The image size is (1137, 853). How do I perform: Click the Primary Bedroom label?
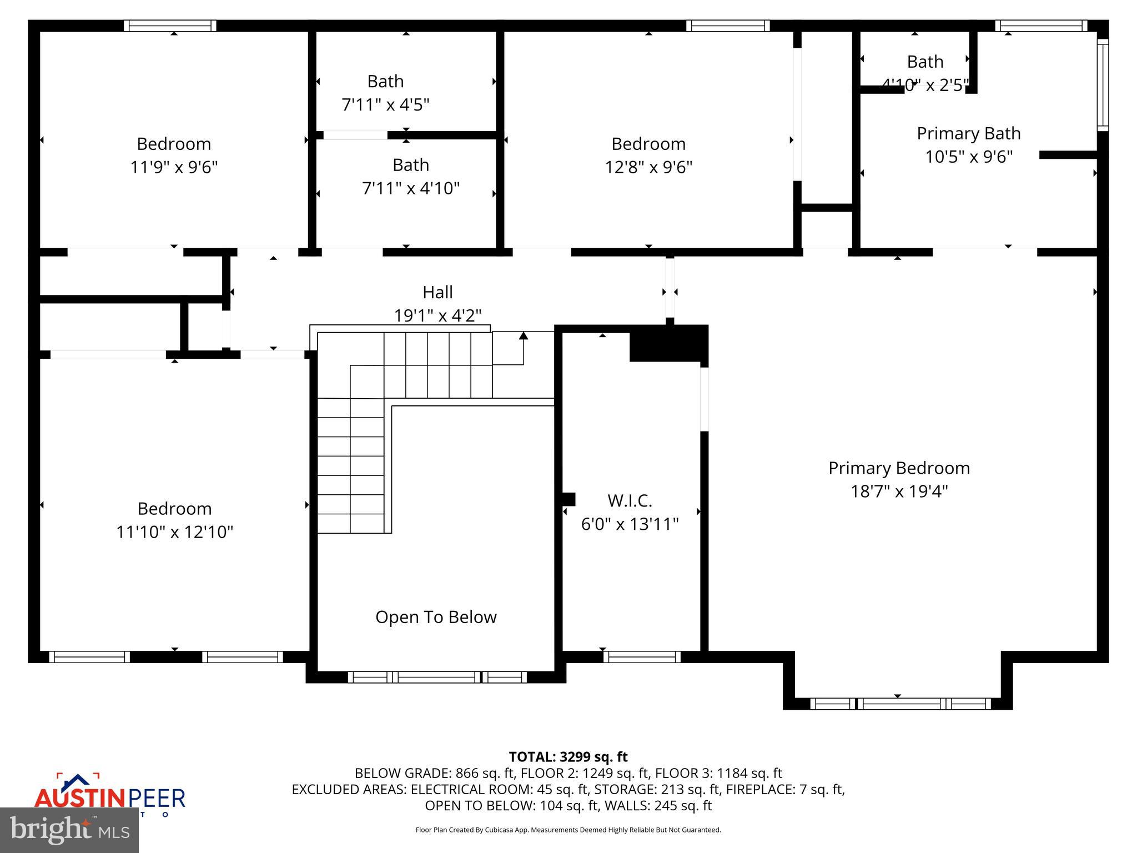click(899, 468)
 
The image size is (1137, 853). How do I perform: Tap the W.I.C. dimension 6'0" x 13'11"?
click(630, 524)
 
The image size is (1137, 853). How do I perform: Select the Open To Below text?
click(436, 617)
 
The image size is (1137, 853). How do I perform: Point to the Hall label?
click(437, 292)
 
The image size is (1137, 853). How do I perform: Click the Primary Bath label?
click(968, 133)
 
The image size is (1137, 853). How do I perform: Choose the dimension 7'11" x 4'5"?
click(385, 104)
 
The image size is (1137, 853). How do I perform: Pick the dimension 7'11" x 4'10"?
click(411, 188)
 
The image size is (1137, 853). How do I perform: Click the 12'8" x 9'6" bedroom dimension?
click(648, 167)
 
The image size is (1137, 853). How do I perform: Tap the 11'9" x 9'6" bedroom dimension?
click(174, 167)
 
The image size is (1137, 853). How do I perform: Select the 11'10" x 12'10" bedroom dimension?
click(174, 532)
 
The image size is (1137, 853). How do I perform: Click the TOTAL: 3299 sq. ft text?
click(568, 757)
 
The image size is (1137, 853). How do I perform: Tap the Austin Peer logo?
click(109, 795)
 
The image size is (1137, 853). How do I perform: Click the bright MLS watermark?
click(69, 830)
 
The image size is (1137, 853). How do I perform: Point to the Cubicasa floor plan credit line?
click(568, 830)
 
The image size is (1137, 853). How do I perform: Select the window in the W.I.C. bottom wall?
click(642, 657)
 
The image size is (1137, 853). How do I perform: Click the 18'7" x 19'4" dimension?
click(899, 491)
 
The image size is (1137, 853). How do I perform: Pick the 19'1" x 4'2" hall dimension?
click(437, 315)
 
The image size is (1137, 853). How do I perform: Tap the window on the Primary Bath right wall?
click(1103, 84)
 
